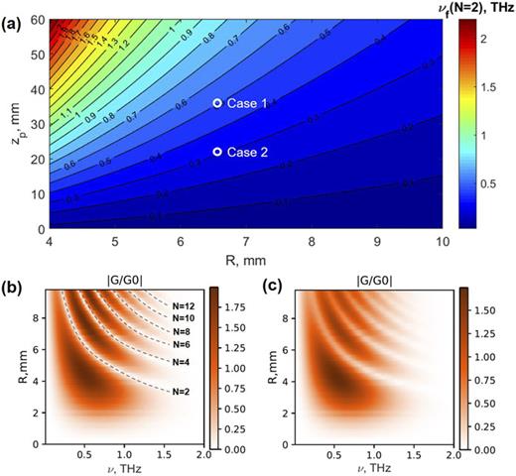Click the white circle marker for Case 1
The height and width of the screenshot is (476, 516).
pos(216,103)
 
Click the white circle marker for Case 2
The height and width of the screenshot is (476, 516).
pos(216,152)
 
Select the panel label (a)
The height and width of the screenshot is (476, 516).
pos(13,11)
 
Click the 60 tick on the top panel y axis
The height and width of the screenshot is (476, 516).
pos(31,20)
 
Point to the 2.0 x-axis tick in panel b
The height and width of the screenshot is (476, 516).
pos(198,453)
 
